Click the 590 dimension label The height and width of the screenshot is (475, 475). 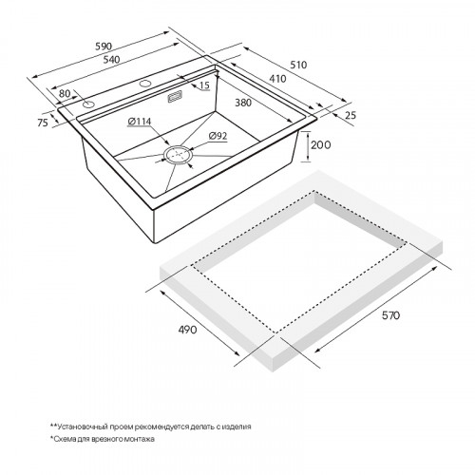point(104,47)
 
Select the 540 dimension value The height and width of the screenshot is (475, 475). point(111,59)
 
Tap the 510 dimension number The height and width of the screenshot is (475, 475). point(298,65)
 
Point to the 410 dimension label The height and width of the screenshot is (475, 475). point(277,79)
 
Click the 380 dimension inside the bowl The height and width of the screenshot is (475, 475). point(243,103)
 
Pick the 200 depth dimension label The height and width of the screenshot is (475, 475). point(320,145)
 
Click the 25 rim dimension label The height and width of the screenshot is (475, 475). point(351,115)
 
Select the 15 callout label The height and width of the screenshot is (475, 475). point(204,85)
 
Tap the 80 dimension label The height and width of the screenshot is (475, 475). point(65,94)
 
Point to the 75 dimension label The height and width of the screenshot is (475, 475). point(43,123)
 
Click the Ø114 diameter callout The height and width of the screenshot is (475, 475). point(140,122)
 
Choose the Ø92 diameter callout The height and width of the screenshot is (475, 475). point(218,136)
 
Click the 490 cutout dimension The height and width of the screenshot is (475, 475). point(187,330)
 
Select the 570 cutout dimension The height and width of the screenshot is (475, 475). point(391,315)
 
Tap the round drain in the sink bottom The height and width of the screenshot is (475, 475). point(179,155)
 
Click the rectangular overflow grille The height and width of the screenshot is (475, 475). point(175,96)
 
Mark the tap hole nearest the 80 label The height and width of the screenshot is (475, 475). point(88,104)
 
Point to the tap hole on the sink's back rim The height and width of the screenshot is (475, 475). point(145,84)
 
